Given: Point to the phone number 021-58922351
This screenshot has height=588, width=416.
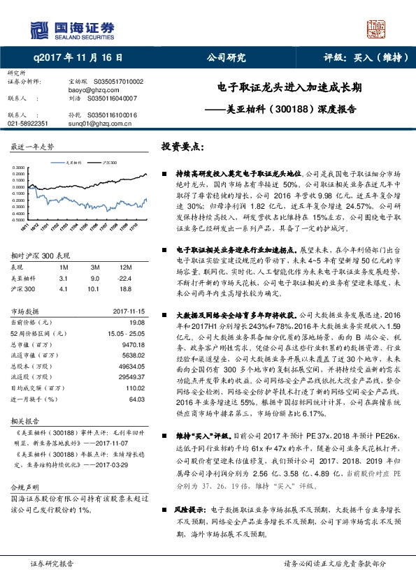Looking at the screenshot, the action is [x=28, y=122].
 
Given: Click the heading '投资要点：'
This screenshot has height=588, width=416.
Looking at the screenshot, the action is [x=182, y=147].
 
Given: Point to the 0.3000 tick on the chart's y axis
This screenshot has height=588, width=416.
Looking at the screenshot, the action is [x=20, y=168].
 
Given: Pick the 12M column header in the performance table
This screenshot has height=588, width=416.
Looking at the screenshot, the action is [x=127, y=268].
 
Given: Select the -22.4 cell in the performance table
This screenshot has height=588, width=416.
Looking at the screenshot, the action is [x=127, y=277].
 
